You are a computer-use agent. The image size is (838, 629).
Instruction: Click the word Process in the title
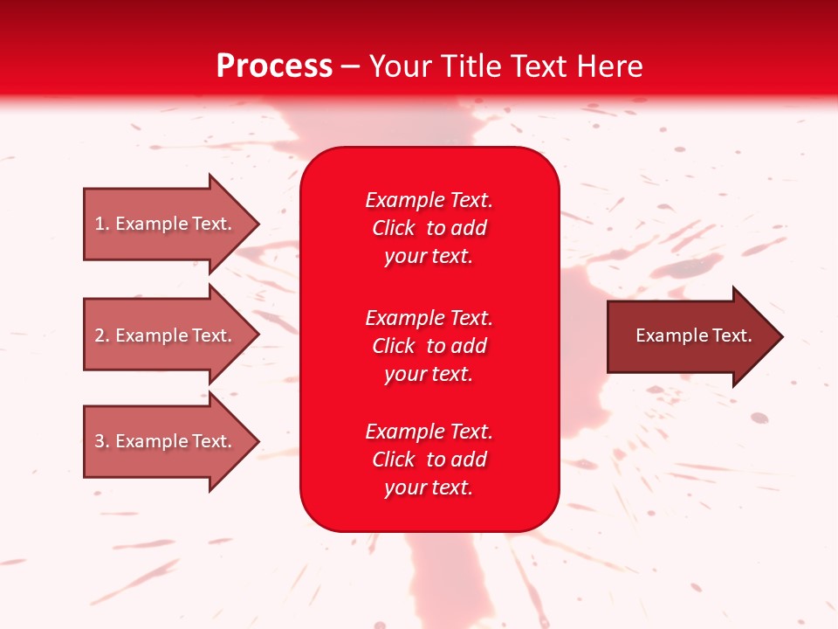274,66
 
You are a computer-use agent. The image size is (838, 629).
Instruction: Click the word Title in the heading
469,66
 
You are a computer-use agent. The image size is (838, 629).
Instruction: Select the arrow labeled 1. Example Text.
166,224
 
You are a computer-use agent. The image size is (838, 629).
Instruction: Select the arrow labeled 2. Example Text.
166,335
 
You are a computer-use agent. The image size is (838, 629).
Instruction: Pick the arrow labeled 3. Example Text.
166,441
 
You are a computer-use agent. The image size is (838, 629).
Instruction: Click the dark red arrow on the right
690,335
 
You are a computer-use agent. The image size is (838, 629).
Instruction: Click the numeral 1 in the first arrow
99,224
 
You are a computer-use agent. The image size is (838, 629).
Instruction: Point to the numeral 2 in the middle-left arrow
100,335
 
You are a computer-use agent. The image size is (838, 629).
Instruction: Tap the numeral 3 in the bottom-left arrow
100,441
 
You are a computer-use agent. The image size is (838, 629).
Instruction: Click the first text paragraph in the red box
429,228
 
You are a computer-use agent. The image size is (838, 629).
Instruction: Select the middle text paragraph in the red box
429,346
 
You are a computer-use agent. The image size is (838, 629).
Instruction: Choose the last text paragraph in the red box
429,460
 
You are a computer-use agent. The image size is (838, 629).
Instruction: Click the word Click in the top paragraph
393,228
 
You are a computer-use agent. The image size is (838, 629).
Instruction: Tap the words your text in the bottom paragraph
429,487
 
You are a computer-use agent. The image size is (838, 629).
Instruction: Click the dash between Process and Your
351,67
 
